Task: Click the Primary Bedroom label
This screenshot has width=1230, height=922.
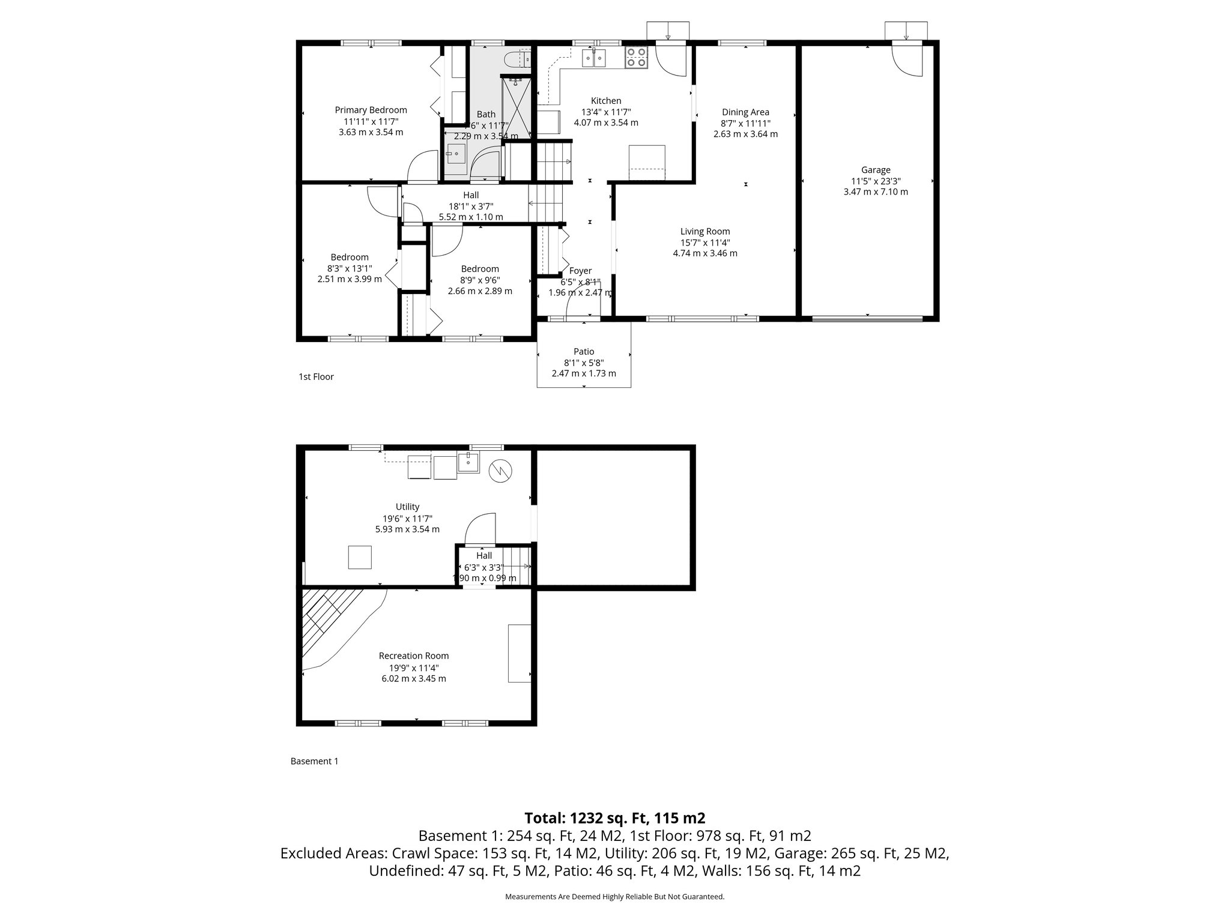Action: pyautogui.click(x=371, y=110)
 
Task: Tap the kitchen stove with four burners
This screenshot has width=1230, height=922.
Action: pyautogui.click(x=636, y=58)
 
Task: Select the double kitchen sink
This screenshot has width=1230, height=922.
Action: pyautogui.click(x=593, y=58)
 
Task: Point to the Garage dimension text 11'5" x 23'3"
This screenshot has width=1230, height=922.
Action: pyautogui.click(x=876, y=181)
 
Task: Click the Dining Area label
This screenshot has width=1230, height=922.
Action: pyautogui.click(x=745, y=112)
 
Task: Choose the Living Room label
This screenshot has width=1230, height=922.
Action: pyautogui.click(x=705, y=232)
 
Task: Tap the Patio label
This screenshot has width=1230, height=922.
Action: pyautogui.click(x=584, y=352)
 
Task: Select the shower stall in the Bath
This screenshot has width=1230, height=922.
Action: pyautogui.click(x=517, y=108)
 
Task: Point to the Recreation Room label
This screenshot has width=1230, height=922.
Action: pyautogui.click(x=414, y=656)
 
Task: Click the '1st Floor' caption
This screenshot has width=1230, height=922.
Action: pyautogui.click(x=316, y=377)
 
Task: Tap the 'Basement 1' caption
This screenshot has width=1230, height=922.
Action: pyautogui.click(x=314, y=761)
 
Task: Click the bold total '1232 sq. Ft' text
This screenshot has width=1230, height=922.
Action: pyautogui.click(x=614, y=818)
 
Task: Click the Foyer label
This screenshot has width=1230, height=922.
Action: pyautogui.click(x=580, y=271)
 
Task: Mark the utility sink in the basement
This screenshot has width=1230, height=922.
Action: pyautogui.click(x=468, y=462)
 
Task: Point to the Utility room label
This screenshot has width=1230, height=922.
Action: pyautogui.click(x=407, y=507)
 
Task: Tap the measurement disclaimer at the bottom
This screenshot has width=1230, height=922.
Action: pyautogui.click(x=614, y=897)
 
